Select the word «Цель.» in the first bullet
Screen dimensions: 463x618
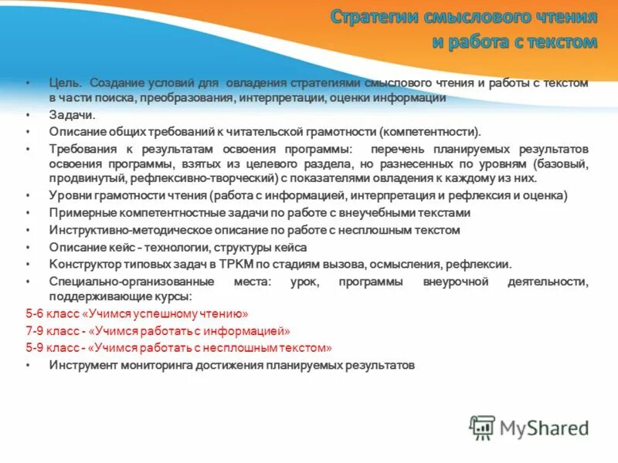[65, 83]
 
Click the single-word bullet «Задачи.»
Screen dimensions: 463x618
[72, 114]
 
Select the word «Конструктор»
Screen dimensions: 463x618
[83, 264]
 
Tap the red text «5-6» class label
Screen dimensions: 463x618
[36, 314]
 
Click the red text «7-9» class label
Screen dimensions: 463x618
[36, 331]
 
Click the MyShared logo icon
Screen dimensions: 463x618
[482, 427]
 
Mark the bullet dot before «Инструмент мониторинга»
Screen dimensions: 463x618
[29, 365]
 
